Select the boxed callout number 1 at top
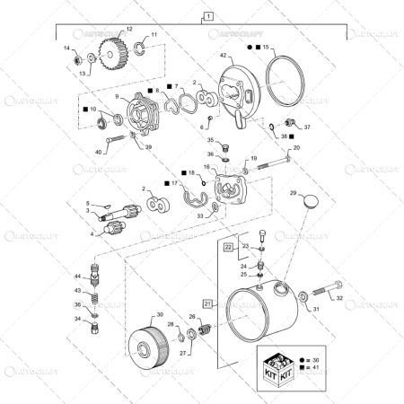point(208,16)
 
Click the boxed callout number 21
point(208,304)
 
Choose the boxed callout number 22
point(229,246)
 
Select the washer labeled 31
point(306,295)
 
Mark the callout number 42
point(224,56)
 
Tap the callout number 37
point(306,127)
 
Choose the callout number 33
point(199,215)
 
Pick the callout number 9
point(116,97)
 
